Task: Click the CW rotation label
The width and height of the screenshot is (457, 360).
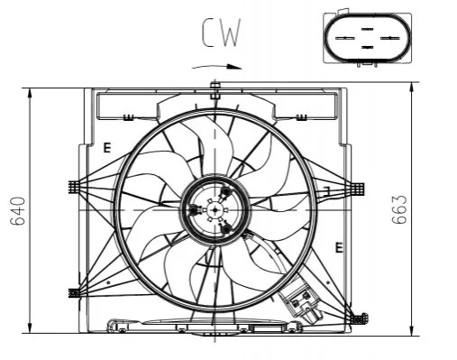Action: [222, 32]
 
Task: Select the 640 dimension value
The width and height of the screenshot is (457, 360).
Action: [17, 211]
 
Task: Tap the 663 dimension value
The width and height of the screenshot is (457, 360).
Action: [399, 209]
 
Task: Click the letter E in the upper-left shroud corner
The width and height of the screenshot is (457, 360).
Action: [107, 148]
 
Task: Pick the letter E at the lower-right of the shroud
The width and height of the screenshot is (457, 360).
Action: [339, 247]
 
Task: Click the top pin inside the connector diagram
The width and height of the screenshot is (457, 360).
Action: [367, 29]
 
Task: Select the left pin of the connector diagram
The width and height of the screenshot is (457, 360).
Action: [345, 38]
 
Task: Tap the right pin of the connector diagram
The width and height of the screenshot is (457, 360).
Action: [390, 38]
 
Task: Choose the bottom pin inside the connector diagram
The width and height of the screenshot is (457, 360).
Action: [367, 47]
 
